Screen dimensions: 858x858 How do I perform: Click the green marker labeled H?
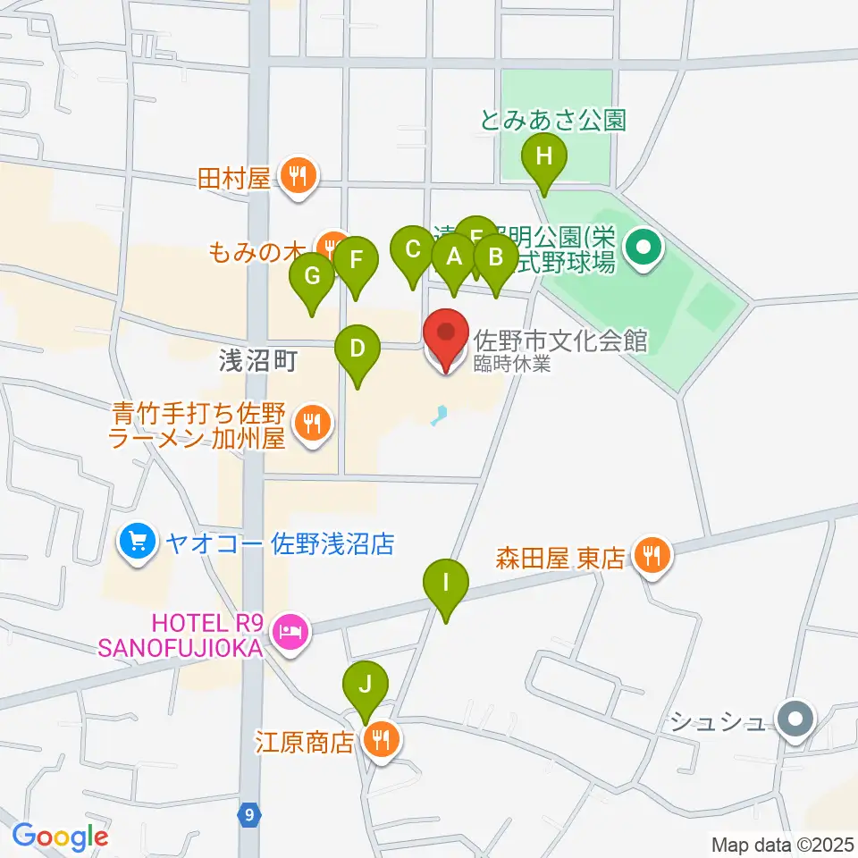coord(544,161)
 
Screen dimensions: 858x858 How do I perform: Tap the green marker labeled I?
coord(446,587)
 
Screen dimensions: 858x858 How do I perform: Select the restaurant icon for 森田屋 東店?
coord(650,556)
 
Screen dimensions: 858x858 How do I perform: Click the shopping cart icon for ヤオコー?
coord(138,542)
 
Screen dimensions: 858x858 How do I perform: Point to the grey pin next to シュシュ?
coord(794,719)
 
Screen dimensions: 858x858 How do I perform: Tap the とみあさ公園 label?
coord(552,121)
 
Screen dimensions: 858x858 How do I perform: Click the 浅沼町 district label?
coord(257,361)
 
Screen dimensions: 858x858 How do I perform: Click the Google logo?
coord(60,837)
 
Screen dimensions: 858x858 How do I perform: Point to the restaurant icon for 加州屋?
coord(312,422)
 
